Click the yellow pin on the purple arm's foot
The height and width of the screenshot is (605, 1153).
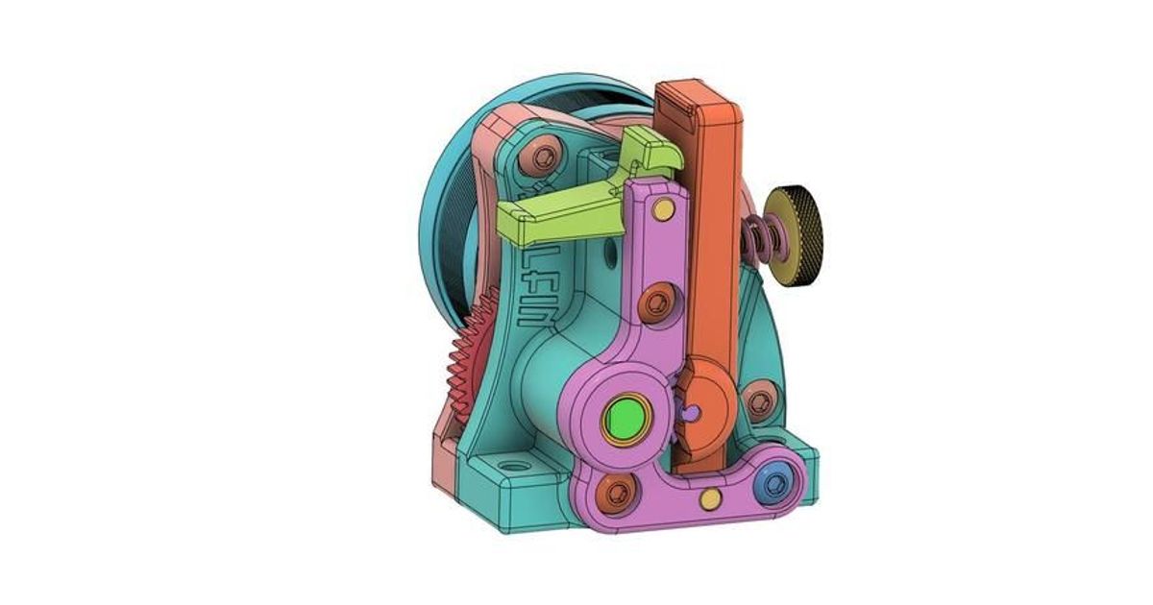pos(710,497)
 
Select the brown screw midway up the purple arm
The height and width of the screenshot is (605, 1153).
pos(657,303)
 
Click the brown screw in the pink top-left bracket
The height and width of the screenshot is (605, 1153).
pos(545,156)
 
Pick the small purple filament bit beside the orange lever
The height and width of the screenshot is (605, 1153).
pos(691,411)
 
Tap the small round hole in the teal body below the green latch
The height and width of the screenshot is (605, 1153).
pos(609,256)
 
